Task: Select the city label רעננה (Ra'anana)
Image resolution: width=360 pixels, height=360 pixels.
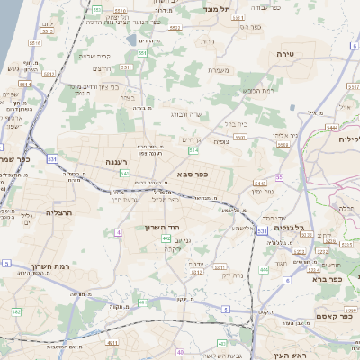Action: (x=114, y=164)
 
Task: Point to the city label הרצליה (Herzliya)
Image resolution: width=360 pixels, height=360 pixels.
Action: (x=58, y=213)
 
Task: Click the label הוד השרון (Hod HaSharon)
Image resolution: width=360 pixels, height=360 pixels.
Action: (x=163, y=228)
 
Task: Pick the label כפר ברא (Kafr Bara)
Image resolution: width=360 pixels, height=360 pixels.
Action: (x=328, y=279)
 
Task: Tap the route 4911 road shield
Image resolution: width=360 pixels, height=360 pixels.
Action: (x=112, y=342)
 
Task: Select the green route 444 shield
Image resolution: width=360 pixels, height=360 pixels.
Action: (x=264, y=269)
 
